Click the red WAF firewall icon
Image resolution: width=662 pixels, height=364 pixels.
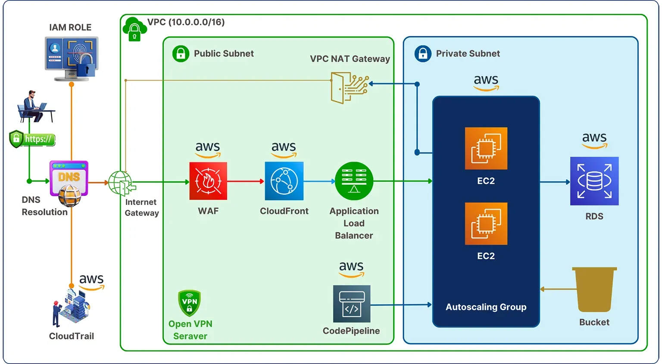(208, 181)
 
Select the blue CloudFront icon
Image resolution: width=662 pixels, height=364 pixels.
(284, 181)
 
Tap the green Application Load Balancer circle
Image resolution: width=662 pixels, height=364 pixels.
(354, 181)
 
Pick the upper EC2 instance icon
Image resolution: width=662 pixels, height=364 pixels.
(486, 148)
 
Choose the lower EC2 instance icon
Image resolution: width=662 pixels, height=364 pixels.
(486, 224)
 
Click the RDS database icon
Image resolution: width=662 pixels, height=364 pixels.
(594, 181)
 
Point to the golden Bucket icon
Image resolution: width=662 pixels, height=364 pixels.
(594, 289)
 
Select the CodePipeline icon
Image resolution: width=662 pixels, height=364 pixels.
(352, 304)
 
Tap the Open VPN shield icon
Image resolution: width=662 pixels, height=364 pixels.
(189, 303)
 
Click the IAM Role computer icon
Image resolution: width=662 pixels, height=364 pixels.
(72, 59)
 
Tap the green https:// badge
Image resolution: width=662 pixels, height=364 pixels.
(33, 139)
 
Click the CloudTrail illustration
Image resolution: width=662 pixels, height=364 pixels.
(71, 307)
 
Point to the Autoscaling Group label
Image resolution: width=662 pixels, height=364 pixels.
(486, 307)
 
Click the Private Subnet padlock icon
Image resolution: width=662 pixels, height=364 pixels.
(423, 54)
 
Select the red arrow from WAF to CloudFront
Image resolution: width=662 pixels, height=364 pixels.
(246, 181)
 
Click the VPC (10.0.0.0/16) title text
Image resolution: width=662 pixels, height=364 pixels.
(186, 22)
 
